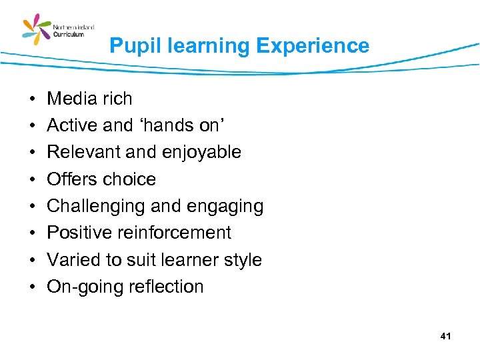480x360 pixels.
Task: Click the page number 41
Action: (x=446, y=337)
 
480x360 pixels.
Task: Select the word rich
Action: (x=117, y=99)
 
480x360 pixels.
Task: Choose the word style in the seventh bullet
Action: (x=241, y=260)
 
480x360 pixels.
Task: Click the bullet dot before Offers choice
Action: (x=31, y=179)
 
